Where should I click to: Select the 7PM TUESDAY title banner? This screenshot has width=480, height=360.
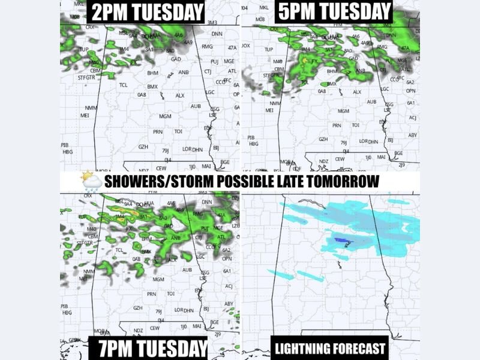click(148, 348)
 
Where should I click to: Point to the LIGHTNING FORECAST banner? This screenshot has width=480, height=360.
click(329, 348)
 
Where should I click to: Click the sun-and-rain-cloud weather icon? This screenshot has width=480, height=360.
click(91, 181)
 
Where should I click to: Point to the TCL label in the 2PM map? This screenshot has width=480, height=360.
click(123, 85)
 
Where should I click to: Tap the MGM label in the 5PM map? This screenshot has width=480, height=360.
click(343, 111)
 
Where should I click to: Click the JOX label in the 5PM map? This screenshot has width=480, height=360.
click(245, 45)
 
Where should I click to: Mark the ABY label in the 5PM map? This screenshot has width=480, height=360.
click(412, 135)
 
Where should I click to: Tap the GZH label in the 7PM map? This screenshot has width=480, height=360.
click(138, 308)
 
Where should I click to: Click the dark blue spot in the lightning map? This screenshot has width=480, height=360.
click(340, 240)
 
